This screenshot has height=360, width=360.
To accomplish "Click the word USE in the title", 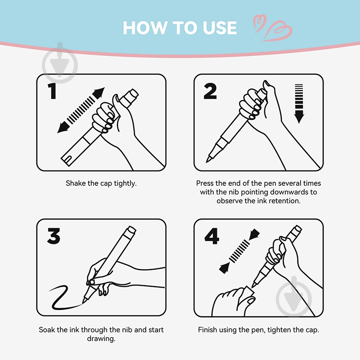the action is tap(220, 28).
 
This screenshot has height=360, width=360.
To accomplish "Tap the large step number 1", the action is tap(53, 91).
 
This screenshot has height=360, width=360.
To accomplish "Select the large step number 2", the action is tap(210, 91).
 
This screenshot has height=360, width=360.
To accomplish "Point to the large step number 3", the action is tap(54, 236).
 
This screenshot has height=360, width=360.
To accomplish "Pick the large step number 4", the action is tap(211, 236).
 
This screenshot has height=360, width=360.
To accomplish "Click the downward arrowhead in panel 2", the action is tap(299, 117).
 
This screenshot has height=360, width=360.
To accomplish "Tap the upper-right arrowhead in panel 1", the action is tap(99, 93).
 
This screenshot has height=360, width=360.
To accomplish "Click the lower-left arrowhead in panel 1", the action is tap(63, 127).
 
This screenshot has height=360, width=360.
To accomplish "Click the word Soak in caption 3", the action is tap(47, 330).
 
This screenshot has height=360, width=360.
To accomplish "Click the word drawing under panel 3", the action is tap(101, 339).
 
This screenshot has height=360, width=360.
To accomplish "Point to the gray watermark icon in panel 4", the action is tap(294, 297).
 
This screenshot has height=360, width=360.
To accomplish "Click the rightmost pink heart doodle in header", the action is tap(278, 31).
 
